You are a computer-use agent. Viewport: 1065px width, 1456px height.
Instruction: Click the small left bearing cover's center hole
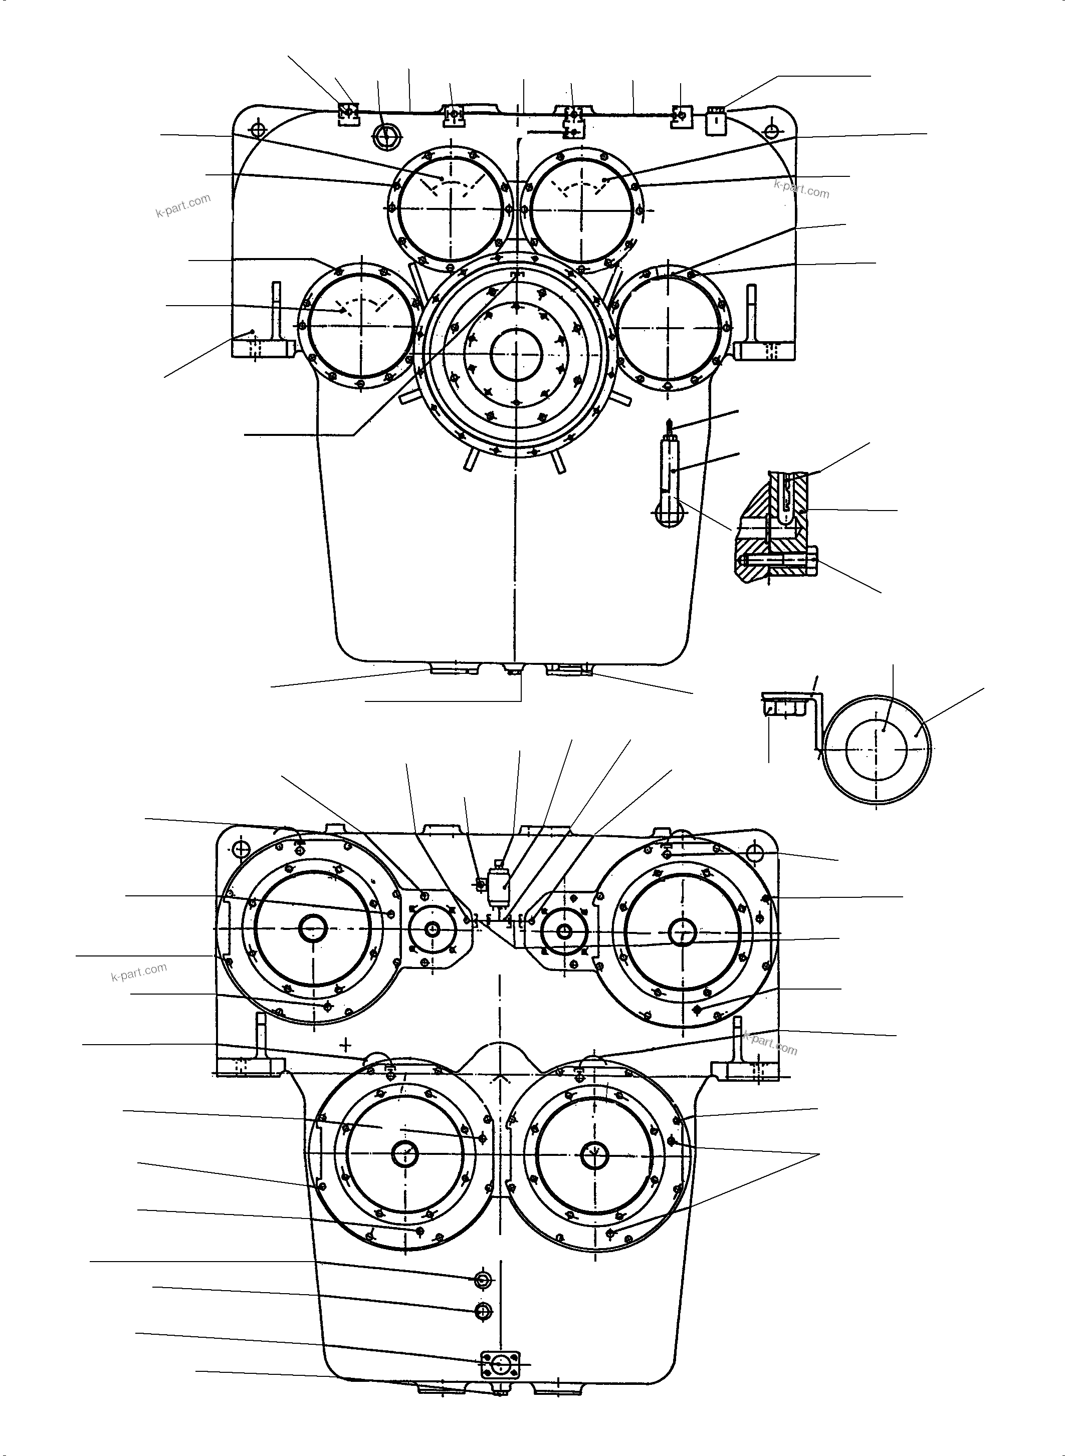[x=433, y=929]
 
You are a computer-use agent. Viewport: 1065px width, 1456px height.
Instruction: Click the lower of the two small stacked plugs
[x=483, y=1310]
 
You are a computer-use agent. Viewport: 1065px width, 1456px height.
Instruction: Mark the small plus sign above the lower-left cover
[x=347, y=1042]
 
